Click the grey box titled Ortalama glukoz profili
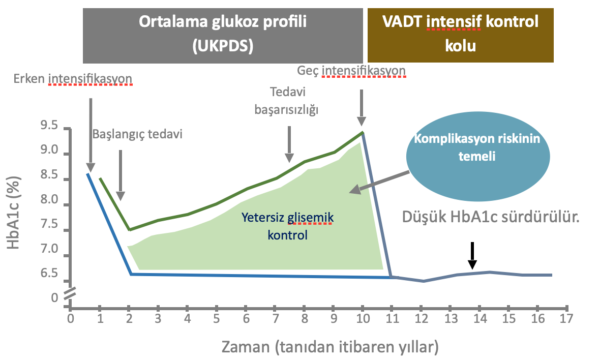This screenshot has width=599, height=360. coord(223,36)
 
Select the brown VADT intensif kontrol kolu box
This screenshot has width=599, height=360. coord(460,35)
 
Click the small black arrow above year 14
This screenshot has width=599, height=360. coord(472,256)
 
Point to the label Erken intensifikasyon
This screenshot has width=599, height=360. coord(73,79)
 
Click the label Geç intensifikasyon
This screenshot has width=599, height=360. coord(351,71)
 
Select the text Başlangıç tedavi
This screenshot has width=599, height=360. coord(137,134)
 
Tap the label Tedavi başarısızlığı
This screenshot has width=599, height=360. coord(287,101)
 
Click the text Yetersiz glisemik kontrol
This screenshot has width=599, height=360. coord(288,226)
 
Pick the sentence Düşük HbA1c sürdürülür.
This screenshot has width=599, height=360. coord(491,217)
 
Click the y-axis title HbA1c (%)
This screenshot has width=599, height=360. coord(14,213)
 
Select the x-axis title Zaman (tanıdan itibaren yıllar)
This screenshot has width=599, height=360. coord(330,347)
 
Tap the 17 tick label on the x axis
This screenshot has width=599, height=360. coord(566,318)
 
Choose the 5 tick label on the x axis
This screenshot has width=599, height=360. coord(217,318)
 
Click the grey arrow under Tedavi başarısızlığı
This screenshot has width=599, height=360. coord(289,144)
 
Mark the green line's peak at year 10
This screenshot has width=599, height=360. coord(362,132)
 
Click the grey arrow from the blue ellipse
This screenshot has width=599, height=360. coord(379,183)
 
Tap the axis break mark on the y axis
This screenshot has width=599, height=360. coord(70,293)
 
